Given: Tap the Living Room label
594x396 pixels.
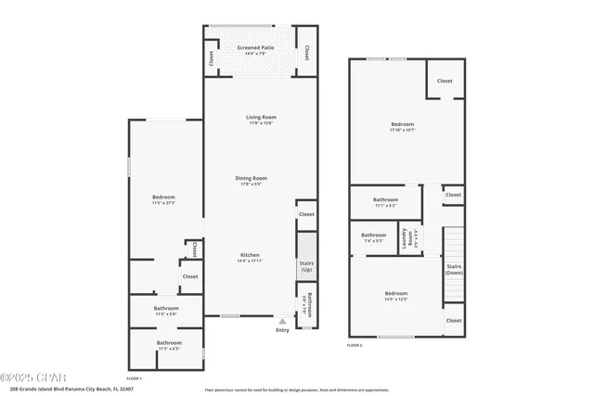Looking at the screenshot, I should coord(261,120).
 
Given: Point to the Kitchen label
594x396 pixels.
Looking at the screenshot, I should coord(250,258).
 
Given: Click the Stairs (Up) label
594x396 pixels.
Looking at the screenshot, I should coord(306,267).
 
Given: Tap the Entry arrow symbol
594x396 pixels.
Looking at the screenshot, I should coord(282,322).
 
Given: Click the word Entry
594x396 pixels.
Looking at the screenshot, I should coord(282,330).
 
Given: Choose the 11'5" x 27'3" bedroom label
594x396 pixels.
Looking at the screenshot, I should coord(164,199).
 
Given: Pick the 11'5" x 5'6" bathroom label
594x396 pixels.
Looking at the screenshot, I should coord(167,311).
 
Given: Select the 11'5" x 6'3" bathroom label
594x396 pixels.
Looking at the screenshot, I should coord(169,345).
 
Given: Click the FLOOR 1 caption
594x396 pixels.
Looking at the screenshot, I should coord(134,377).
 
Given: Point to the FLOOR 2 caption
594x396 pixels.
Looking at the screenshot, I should coord(355,345).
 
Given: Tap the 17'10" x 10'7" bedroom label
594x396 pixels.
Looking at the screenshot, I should coord(402,127).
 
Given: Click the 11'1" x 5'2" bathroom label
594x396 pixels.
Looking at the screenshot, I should coord(386,201).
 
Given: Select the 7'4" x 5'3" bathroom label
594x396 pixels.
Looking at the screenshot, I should coord(373,236).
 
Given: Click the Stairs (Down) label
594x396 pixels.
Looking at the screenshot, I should coord(454,270).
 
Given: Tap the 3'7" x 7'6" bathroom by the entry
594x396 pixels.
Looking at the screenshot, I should coord(309,305).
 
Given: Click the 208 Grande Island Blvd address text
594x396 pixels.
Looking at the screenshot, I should coord(73,389).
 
